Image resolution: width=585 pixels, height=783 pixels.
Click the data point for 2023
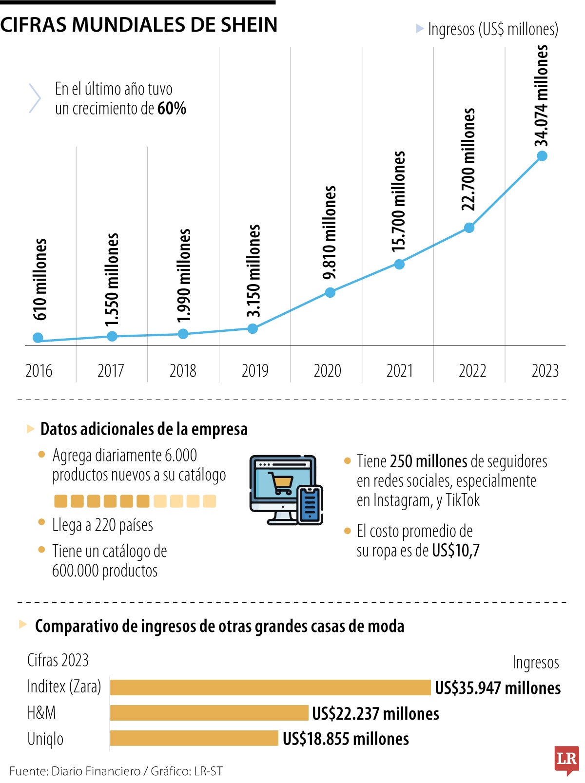click(x=542, y=156)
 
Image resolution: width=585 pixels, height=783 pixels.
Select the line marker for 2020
click(x=330, y=292)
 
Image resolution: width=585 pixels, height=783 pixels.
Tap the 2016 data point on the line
click(x=38, y=338)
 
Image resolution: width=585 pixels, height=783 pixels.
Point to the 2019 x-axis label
click(x=255, y=371)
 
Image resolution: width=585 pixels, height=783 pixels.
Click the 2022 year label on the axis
click(x=472, y=371)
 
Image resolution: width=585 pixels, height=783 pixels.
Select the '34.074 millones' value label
click(x=542, y=95)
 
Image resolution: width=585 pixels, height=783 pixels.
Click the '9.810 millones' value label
click(x=330, y=232)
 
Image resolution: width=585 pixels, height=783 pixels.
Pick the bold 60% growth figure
click(x=172, y=108)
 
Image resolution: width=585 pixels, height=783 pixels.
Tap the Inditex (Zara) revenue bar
click(x=271, y=688)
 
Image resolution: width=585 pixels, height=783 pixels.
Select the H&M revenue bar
click(x=210, y=713)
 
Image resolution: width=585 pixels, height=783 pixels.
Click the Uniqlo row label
click(x=45, y=739)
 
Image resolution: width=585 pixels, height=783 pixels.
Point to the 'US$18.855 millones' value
click(x=346, y=739)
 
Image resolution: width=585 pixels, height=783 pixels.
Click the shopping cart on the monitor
click(x=282, y=484)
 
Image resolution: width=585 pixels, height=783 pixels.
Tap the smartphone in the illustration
click(x=310, y=504)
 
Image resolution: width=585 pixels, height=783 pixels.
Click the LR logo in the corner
click(x=566, y=759)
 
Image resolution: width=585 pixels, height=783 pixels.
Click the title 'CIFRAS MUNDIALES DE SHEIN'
click(x=139, y=24)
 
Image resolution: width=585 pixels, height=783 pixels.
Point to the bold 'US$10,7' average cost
click(x=456, y=551)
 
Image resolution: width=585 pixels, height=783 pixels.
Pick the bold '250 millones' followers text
click(x=429, y=461)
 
